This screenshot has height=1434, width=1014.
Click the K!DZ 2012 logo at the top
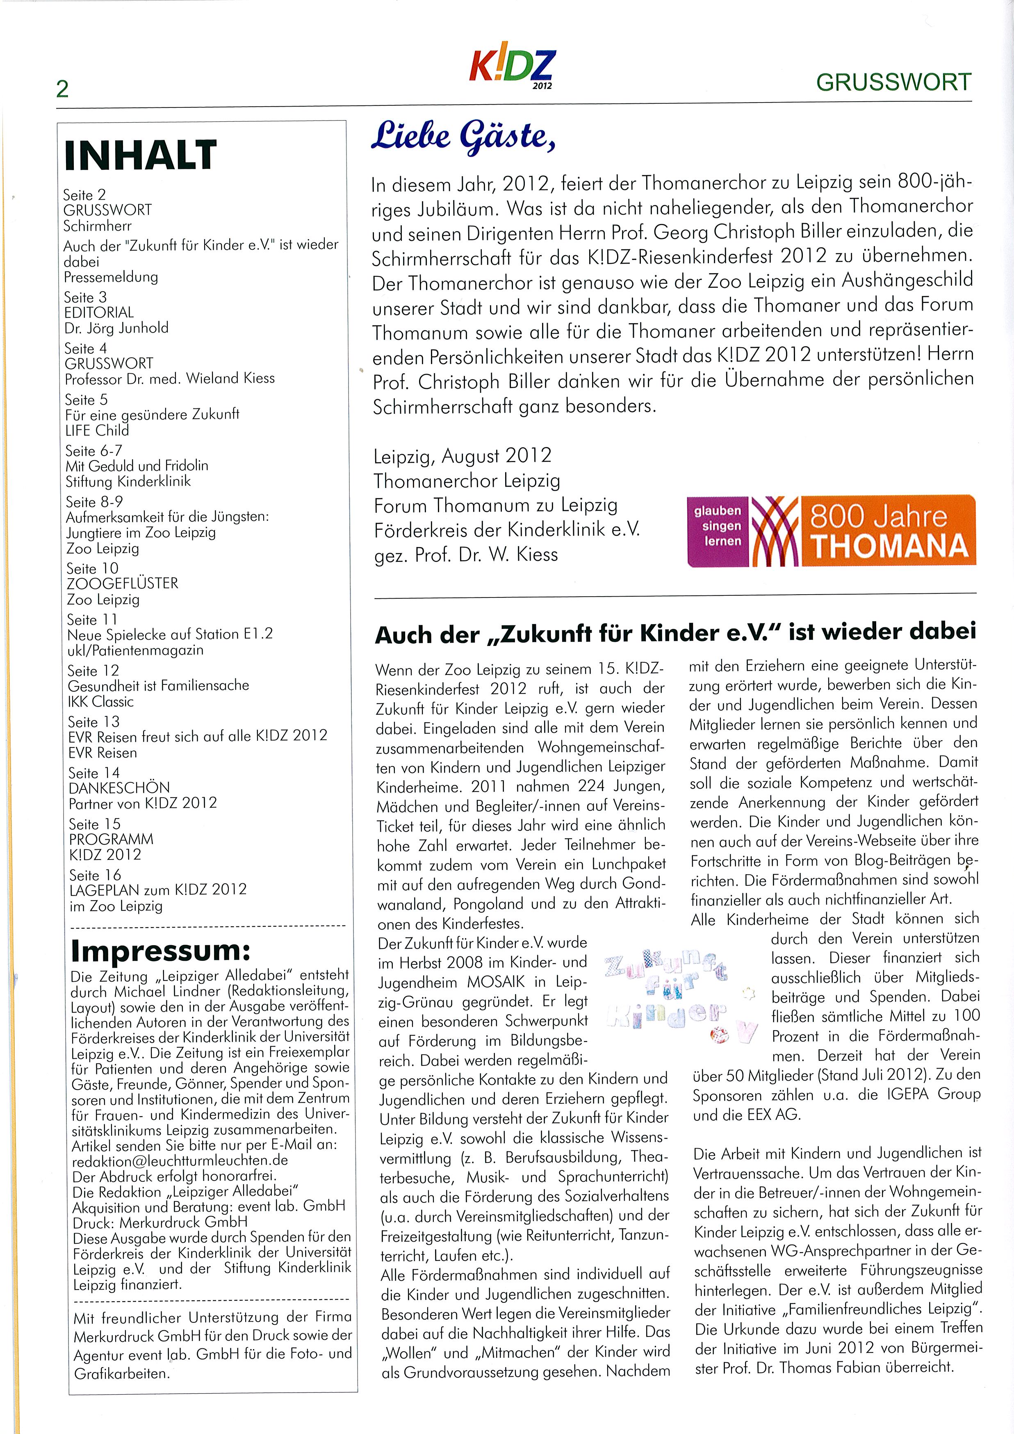[511, 67]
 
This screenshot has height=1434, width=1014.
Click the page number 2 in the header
[62, 89]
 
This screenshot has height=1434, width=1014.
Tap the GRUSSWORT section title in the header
[893, 82]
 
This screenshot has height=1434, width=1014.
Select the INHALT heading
[141, 155]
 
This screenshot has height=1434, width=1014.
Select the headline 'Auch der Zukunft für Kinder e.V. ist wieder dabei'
[675, 633]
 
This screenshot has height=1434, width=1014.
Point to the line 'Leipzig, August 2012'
[462, 456]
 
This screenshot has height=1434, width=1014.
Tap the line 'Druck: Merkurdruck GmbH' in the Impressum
[160, 1222]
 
